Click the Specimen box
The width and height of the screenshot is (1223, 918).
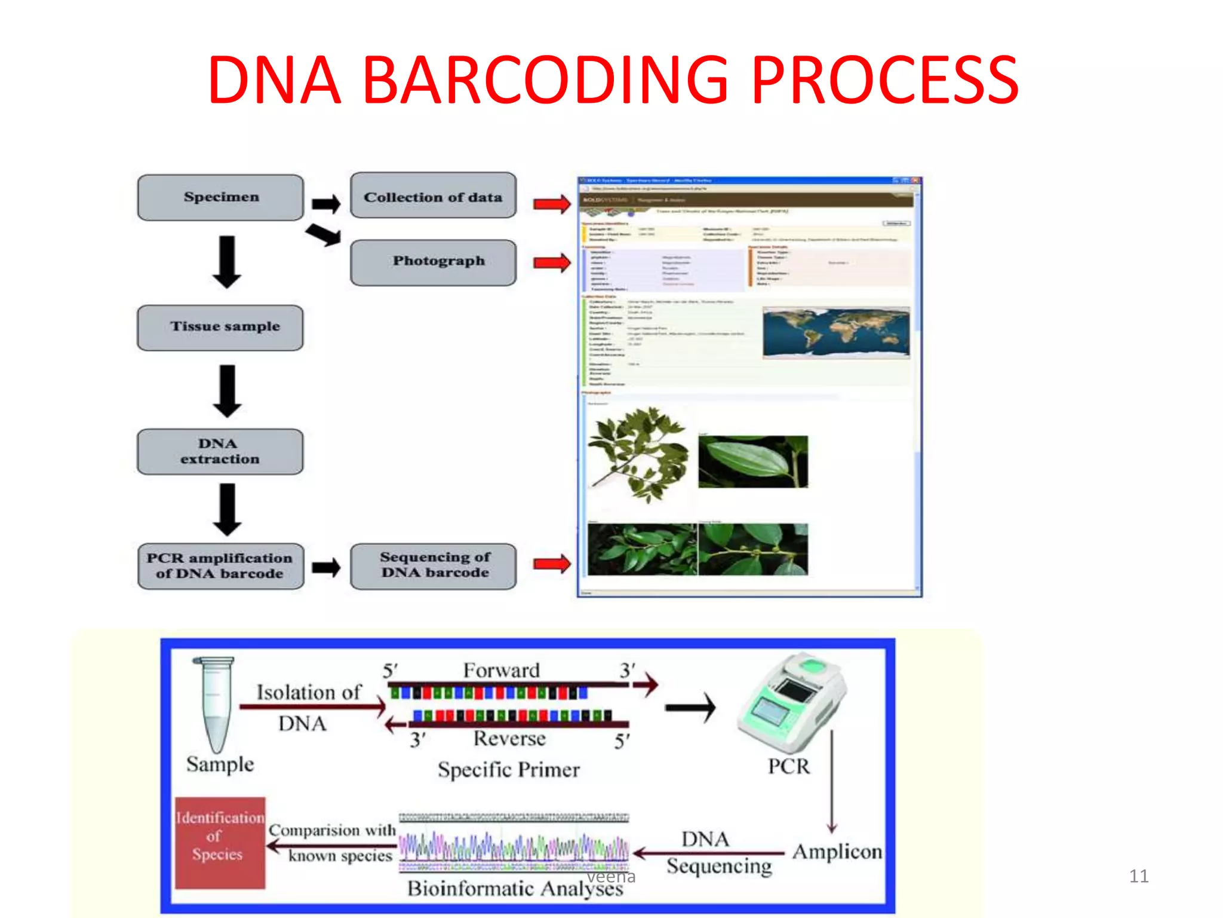(x=220, y=197)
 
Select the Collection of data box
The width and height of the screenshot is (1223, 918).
(x=433, y=196)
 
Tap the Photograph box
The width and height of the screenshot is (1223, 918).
(x=433, y=262)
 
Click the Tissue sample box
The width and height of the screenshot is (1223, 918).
(x=220, y=328)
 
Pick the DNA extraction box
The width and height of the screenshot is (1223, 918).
(x=220, y=452)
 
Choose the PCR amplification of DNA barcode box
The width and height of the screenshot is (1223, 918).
(x=220, y=566)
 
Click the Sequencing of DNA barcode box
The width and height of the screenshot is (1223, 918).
(x=433, y=566)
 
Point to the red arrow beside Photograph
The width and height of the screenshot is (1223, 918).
(x=552, y=262)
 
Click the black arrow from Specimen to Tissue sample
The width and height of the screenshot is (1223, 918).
(x=227, y=262)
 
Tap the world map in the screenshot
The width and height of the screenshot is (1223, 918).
(x=836, y=333)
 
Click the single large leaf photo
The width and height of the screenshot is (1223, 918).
(x=752, y=461)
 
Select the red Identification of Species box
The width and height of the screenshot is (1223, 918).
(x=220, y=843)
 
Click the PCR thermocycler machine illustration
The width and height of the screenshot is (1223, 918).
(x=791, y=705)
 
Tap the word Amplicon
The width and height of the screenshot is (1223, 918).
(x=837, y=852)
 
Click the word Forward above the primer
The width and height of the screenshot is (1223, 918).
(x=502, y=671)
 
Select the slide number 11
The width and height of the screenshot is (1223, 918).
(x=1138, y=876)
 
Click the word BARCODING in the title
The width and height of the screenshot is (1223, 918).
(x=546, y=81)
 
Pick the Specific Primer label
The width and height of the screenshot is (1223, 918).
(x=508, y=770)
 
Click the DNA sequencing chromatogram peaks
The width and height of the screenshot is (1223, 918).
(x=514, y=847)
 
